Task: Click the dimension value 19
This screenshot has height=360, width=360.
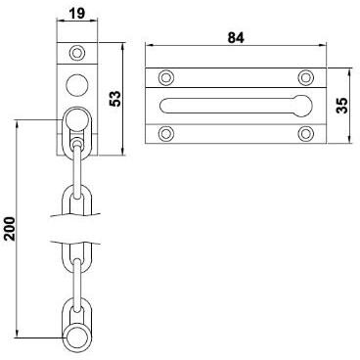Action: click(77, 13)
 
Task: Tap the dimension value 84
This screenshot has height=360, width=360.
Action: click(236, 38)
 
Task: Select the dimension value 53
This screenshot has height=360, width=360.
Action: click(115, 99)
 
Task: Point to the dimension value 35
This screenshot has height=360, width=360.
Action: click(342, 105)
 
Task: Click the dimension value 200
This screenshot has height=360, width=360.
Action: click(10, 229)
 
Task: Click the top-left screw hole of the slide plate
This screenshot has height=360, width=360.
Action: click(166, 77)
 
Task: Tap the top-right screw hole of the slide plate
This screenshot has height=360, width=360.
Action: click(305, 77)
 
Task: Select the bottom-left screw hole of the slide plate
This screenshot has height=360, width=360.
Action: click(166, 134)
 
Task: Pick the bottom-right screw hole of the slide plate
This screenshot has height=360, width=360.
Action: click(305, 134)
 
